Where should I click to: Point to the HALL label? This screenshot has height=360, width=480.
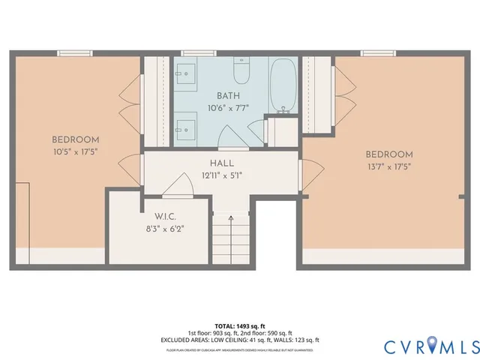click(222, 163)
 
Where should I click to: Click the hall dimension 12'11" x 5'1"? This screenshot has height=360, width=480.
click(222, 175)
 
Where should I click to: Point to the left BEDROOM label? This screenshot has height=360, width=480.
click(75, 139)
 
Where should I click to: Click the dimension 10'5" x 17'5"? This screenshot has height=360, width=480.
click(75, 151)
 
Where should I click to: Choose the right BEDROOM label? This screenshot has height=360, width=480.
click(389, 154)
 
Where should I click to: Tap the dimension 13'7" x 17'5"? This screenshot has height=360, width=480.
click(389, 166)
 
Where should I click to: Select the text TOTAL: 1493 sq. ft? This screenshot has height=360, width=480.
click(239, 325)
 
